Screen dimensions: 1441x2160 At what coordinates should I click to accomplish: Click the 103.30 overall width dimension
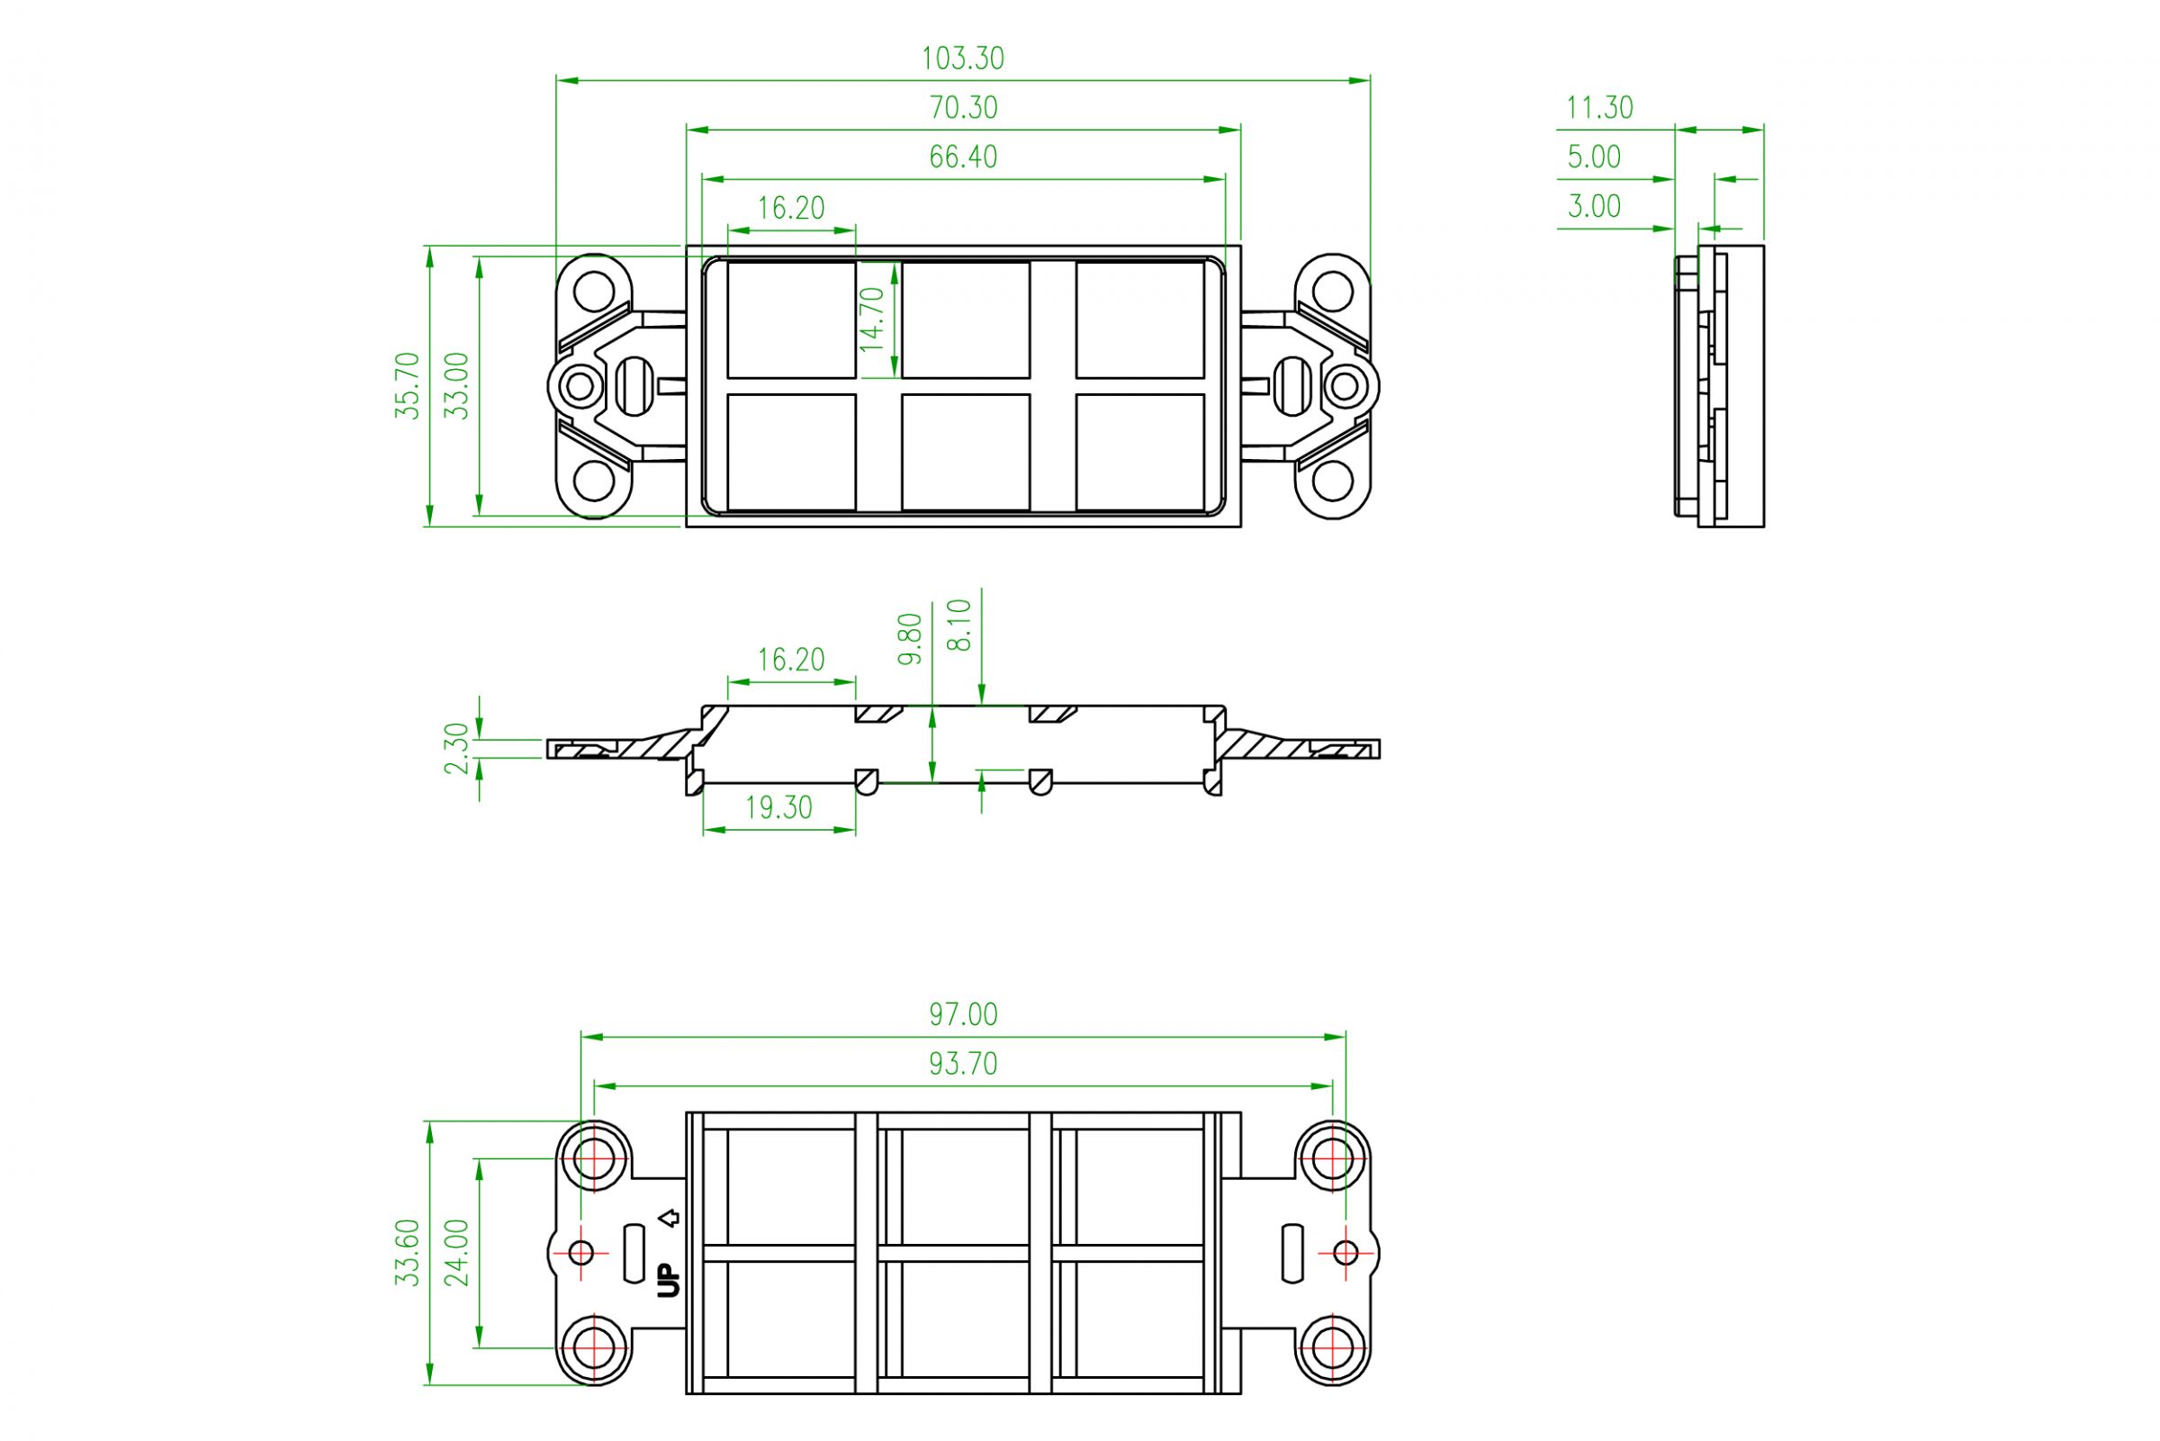pyautogui.click(x=963, y=59)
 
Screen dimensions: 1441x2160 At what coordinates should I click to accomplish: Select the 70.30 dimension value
pyautogui.click(x=963, y=108)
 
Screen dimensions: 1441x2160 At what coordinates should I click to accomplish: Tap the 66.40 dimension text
pyautogui.click(x=963, y=158)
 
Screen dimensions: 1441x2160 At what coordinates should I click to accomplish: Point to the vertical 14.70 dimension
pyautogui.click(x=872, y=319)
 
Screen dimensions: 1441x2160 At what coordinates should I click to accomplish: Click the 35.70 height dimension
pyautogui.click(x=407, y=385)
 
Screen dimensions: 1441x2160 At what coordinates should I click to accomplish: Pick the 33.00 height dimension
pyautogui.click(x=456, y=385)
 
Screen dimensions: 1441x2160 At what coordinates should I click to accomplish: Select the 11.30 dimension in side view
pyautogui.click(x=1599, y=108)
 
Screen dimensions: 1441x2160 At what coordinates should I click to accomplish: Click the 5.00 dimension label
pyautogui.click(x=1594, y=158)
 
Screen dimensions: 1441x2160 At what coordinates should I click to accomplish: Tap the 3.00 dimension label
pyautogui.click(x=1594, y=206)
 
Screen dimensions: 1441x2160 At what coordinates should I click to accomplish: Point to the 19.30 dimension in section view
pyautogui.click(x=778, y=807)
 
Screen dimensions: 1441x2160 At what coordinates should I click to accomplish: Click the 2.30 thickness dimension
pyautogui.click(x=456, y=748)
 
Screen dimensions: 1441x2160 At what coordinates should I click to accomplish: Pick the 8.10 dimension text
pyautogui.click(x=958, y=625)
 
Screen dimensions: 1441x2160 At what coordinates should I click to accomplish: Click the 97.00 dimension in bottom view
pyautogui.click(x=963, y=1014)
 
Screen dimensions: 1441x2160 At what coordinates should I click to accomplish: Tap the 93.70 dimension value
pyautogui.click(x=963, y=1063)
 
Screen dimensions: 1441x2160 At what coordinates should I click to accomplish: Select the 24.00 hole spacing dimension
pyautogui.click(x=456, y=1252)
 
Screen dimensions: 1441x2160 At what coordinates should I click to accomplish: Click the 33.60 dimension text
pyautogui.click(x=407, y=1252)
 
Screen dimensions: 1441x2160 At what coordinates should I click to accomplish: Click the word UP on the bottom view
pyautogui.click(x=670, y=1280)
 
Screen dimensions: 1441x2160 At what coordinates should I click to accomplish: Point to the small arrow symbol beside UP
pyautogui.click(x=670, y=1219)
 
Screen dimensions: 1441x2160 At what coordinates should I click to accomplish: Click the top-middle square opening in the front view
pyautogui.click(x=965, y=320)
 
